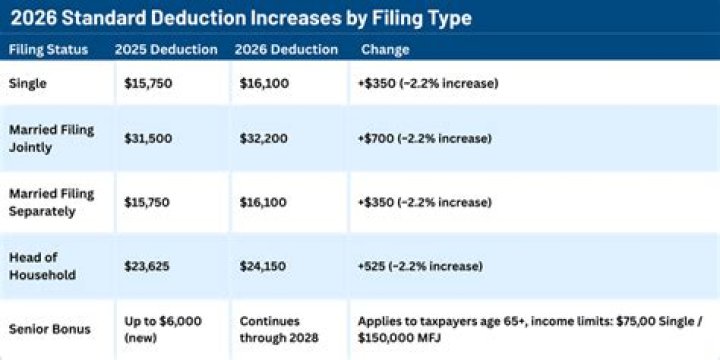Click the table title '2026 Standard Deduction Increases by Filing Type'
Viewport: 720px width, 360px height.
click(x=240, y=18)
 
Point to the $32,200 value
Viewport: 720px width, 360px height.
click(x=265, y=138)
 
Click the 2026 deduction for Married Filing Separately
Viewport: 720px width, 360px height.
click(x=265, y=203)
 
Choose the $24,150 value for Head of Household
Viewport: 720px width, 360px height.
click(x=265, y=267)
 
